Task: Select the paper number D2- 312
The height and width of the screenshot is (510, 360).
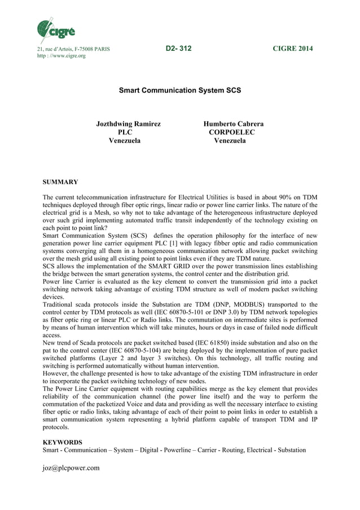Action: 178,49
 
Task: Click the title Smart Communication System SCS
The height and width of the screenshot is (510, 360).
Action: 179,90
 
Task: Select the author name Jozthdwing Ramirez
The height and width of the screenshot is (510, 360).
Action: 128,124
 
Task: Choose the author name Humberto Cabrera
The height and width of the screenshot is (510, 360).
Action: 233,124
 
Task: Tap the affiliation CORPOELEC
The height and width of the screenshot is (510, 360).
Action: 231,132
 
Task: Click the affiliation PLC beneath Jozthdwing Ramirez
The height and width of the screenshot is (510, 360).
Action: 124,132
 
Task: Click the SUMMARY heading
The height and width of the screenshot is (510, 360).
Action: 60,182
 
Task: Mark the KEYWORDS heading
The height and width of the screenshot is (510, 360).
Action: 63,442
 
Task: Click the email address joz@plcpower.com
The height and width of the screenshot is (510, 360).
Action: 71,468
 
